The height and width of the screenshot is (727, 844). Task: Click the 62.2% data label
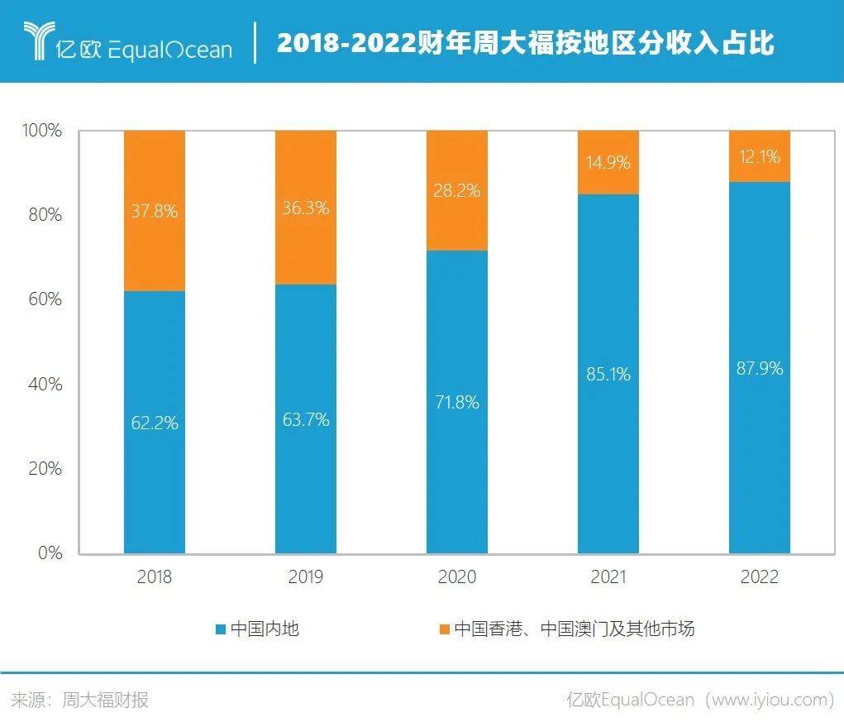point(155,423)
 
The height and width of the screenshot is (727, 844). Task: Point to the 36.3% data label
point(306,208)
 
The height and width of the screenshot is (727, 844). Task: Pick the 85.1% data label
point(608,374)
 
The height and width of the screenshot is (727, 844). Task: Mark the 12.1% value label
point(759,156)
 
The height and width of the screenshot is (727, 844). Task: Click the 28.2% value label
point(457,190)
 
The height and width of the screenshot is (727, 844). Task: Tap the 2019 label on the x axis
point(306,577)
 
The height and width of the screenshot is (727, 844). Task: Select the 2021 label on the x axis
point(608,577)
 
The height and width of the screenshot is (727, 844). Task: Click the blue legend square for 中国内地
point(221,629)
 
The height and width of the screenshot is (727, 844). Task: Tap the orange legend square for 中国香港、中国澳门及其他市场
point(444,629)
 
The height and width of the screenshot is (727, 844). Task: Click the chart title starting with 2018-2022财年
point(525,42)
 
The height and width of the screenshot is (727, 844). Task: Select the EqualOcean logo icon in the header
point(37,42)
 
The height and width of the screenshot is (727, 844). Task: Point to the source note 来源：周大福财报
point(80,700)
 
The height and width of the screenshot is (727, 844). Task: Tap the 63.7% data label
point(306,419)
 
